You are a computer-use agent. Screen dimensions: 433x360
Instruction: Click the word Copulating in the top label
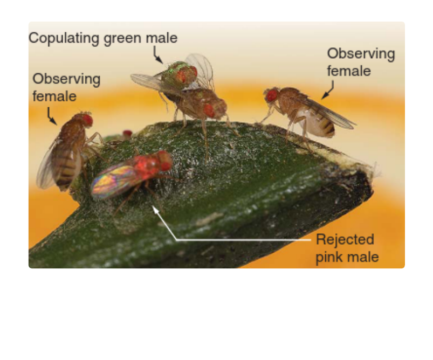coord(64,38)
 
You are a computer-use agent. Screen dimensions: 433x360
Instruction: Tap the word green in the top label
coord(122,39)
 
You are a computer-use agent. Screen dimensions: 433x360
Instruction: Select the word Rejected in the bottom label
coord(345,239)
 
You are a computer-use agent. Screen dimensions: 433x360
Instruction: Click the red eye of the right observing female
coord(272,95)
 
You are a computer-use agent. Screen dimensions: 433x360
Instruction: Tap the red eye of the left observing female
coord(87,120)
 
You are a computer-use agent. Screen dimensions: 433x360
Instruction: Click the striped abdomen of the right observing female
coord(322,125)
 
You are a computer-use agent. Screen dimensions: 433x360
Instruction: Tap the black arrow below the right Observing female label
coord(328,90)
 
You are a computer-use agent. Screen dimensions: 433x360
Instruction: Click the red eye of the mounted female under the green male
coord(209,110)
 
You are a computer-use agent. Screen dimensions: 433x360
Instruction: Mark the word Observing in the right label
coord(361,54)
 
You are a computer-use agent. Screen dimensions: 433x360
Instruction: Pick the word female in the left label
coord(54,96)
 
